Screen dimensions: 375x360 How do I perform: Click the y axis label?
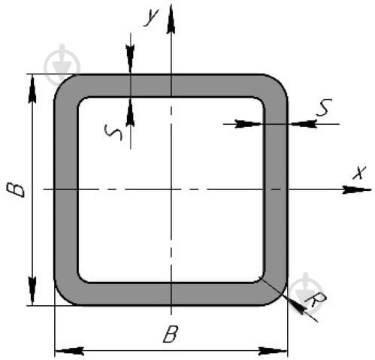(151, 17)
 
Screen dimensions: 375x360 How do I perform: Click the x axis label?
(359, 172)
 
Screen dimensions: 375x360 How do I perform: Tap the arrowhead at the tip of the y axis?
(171, 20)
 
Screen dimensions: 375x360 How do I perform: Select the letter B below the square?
(171, 334)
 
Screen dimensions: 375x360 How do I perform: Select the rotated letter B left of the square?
(16, 189)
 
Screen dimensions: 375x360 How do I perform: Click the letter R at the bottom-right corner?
(316, 300)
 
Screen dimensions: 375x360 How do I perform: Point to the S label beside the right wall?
(324, 107)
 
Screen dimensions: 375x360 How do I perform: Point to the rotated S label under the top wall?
(113, 132)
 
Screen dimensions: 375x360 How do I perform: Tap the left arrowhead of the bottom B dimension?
(69, 351)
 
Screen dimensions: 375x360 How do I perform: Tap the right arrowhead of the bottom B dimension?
(273, 351)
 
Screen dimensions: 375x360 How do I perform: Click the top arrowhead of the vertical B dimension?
(32, 89)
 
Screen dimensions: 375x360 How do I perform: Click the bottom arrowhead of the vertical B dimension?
(32, 291)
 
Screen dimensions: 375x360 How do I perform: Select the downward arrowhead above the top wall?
(131, 59)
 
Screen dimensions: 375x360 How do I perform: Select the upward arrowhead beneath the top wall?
(130, 112)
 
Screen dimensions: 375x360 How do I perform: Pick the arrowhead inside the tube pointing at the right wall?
(249, 124)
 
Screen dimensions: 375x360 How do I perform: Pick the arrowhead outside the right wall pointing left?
(303, 124)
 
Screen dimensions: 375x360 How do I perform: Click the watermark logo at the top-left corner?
(62, 65)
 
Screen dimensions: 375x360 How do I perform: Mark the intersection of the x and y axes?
(171, 189)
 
